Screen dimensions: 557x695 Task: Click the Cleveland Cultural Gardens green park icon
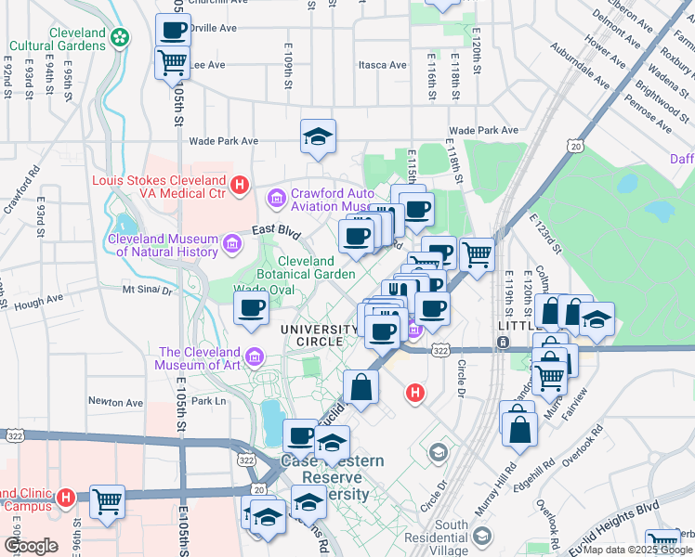pyautogui.click(x=119, y=37)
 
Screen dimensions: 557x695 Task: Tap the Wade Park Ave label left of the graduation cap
pyautogui.click(x=223, y=141)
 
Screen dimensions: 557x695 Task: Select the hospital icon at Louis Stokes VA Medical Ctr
pyautogui.click(x=240, y=186)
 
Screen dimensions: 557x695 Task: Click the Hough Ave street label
pyautogui.click(x=40, y=300)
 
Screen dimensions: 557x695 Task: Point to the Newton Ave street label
pyautogui.click(x=115, y=402)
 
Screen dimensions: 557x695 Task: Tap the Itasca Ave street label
pyautogui.click(x=383, y=65)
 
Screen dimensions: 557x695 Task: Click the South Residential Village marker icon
pyautogui.click(x=482, y=536)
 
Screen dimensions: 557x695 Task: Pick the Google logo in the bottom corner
pyautogui.click(x=31, y=546)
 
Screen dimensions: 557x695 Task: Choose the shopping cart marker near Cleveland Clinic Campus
pyautogui.click(x=107, y=502)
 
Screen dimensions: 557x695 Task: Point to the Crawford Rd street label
pyautogui.click(x=20, y=190)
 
